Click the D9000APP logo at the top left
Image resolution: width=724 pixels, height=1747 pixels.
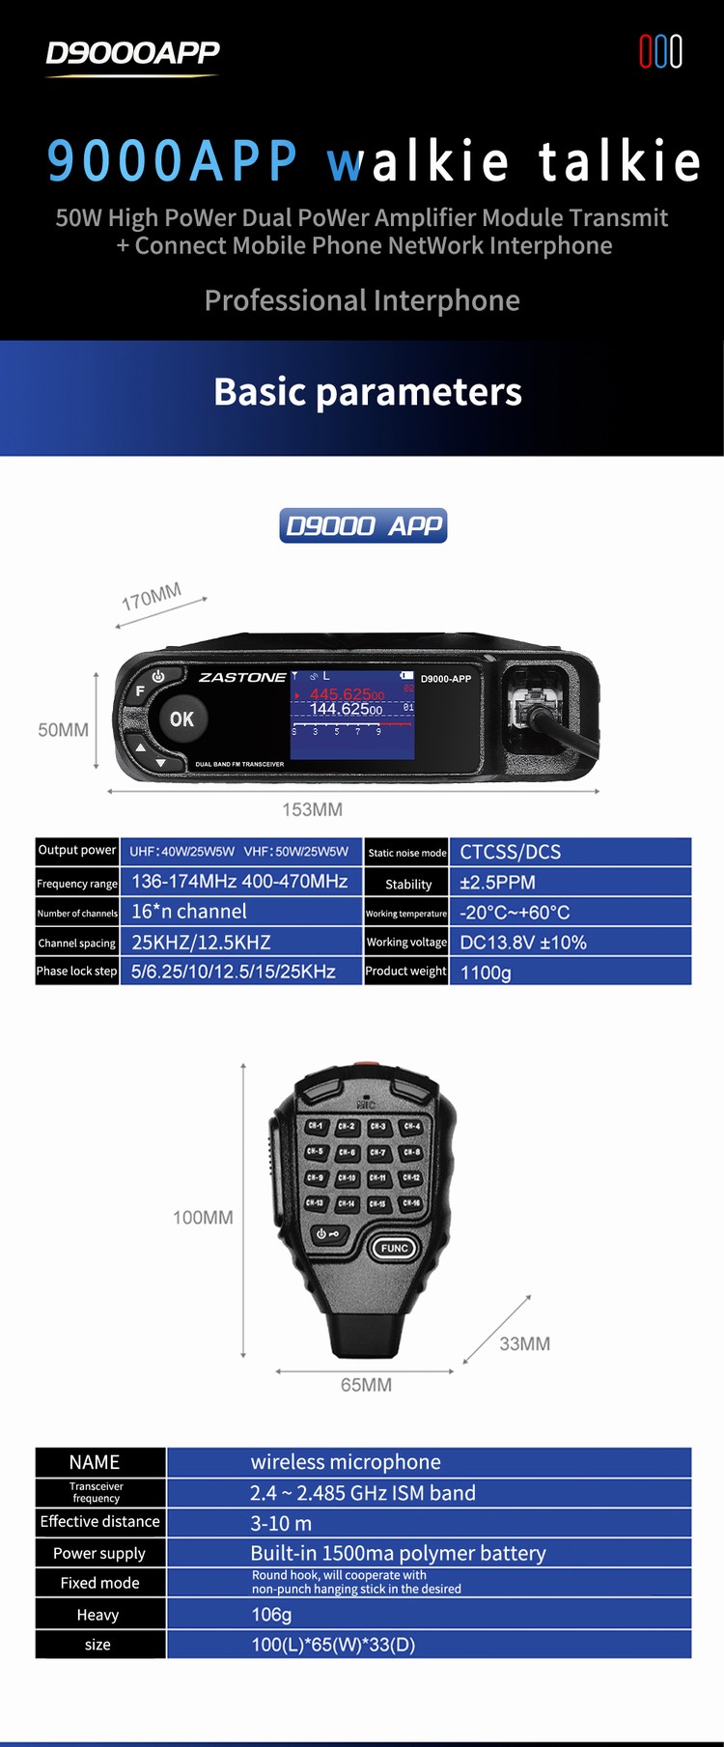click(x=132, y=53)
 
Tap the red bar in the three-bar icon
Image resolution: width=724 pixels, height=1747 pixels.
click(x=646, y=51)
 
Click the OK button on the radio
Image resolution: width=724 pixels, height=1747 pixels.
click(x=181, y=719)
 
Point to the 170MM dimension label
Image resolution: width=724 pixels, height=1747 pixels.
click(x=152, y=598)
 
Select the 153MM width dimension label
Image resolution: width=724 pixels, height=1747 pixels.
click(x=312, y=809)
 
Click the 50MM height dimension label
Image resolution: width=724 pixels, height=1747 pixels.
click(x=63, y=730)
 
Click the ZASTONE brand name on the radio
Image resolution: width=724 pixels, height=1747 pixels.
click(x=241, y=678)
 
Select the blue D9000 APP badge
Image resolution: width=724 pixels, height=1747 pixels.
click(x=363, y=525)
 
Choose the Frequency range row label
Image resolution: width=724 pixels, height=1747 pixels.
click(x=77, y=883)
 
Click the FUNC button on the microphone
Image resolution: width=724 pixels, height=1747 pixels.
click(x=394, y=1248)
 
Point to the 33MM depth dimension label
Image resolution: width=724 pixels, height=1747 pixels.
click(x=524, y=1343)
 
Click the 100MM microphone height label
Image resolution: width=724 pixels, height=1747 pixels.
click(x=203, y=1218)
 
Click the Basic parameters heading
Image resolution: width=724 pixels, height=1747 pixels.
click(x=367, y=392)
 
